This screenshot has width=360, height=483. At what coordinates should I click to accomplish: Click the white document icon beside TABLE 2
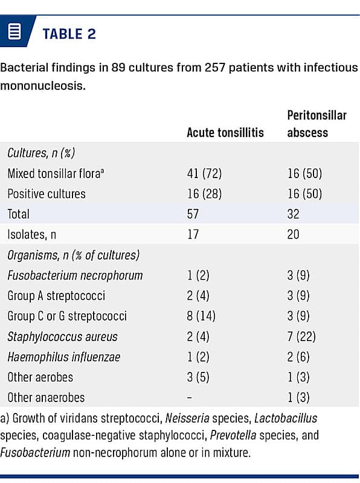[x=14, y=31]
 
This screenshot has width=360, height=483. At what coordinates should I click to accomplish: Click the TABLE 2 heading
[x=69, y=34]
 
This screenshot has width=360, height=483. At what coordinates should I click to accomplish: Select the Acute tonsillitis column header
[x=225, y=132]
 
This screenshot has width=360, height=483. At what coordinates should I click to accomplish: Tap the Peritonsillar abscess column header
[x=317, y=124]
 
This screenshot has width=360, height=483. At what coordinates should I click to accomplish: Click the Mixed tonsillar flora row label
[x=56, y=173]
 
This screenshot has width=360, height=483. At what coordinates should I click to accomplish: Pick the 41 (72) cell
[x=204, y=173]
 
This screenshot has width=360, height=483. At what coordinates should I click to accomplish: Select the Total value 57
[x=193, y=214]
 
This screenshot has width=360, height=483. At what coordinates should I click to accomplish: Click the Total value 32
[x=293, y=214]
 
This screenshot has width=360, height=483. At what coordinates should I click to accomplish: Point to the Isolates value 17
[x=193, y=234]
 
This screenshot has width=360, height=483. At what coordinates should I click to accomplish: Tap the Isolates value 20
[x=293, y=234]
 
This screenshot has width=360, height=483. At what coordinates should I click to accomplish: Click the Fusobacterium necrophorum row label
[x=75, y=275]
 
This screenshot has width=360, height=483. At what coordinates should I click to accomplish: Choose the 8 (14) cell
[x=201, y=316]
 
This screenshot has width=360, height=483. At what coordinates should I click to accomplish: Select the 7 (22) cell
[x=301, y=336]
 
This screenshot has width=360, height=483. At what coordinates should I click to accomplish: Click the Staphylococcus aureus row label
[x=62, y=337]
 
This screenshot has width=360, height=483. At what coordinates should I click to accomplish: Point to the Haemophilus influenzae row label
[x=64, y=357]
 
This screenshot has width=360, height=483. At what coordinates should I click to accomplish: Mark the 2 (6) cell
[x=298, y=357]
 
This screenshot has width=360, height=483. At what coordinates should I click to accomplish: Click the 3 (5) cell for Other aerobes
[x=198, y=377]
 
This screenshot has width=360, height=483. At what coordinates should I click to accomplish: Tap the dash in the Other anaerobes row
[x=190, y=398]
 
